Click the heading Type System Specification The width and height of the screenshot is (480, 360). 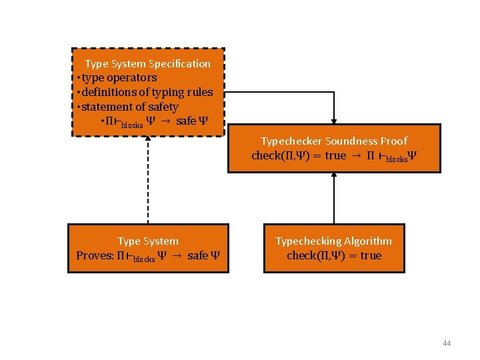pos(147,64)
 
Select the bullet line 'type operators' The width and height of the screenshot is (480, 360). pos(119,78)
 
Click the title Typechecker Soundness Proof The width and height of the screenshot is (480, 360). pos(333,141)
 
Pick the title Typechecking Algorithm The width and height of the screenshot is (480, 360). pos(333,241)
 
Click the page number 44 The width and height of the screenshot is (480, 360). pos(447,343)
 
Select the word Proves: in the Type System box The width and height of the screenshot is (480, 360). pos(95,256)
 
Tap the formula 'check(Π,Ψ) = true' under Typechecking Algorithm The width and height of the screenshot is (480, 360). pos(334,256)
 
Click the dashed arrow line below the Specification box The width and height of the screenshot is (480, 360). pos(148,180)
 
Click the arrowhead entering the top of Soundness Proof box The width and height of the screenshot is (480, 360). pos(334,121)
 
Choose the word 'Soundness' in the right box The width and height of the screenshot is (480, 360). pos(351,141)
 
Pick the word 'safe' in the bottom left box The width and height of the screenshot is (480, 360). pos(197,256)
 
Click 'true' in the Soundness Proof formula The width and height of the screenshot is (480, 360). pos(335,156)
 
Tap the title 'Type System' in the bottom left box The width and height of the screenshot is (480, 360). pos(148,241)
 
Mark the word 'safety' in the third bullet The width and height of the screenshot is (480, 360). pos(163,107)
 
